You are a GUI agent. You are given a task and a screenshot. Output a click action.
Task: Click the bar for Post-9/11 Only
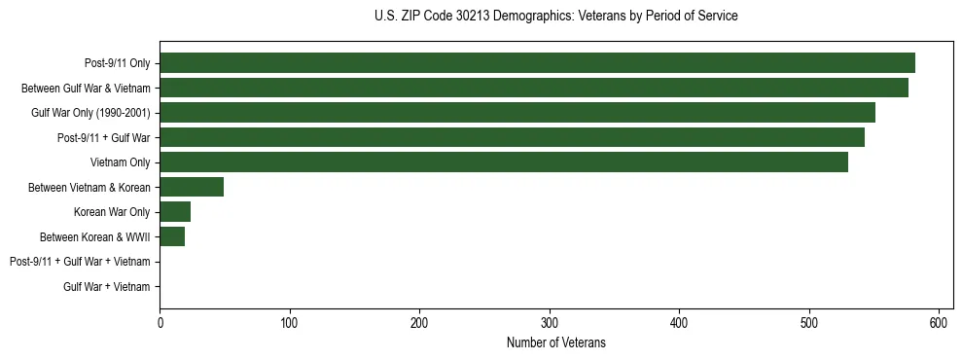point(537,63)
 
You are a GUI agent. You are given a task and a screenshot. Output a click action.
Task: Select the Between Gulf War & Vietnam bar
point(534,88)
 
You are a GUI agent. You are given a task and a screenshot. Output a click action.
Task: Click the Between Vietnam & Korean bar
point(192,187)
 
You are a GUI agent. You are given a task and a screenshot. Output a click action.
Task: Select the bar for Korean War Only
point(175,212)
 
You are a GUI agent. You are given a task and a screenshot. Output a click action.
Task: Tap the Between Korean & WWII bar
point(172,236)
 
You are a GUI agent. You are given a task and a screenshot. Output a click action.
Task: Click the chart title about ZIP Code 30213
point(555,17)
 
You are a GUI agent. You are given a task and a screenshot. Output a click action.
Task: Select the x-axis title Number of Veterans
point(555,342)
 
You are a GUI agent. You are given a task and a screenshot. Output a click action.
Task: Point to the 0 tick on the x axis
point(160,323)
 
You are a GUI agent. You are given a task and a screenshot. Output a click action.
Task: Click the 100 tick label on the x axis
point(290,323)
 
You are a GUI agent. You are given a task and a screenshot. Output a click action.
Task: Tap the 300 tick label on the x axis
point(550,323)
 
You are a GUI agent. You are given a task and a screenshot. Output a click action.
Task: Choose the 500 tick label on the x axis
point(809,323)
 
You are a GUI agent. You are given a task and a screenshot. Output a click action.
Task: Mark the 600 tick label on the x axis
point(939,323)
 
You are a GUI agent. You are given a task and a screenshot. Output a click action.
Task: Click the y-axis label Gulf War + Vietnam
point(107,286)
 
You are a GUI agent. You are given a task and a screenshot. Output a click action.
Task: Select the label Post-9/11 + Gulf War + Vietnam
point(80,262)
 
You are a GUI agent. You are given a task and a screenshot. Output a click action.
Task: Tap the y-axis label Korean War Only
point(112,212)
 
